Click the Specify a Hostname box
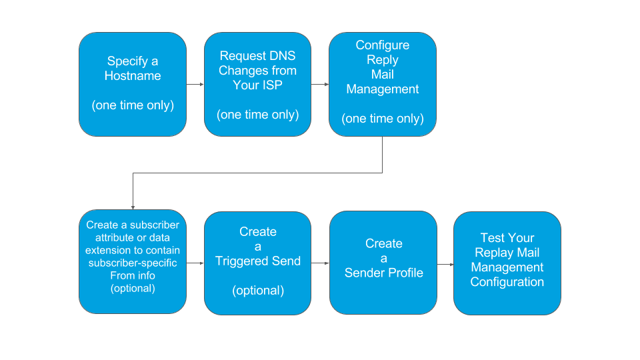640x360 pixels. click(132, 85)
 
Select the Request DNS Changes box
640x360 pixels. click(257, 85)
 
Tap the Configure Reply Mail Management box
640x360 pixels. click(383, 85)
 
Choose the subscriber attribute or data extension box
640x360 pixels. click(132, 263)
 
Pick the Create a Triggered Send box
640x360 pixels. click(257, 263)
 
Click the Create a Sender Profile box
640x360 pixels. click(383, 263)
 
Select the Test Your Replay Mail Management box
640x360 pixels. click(507, 263)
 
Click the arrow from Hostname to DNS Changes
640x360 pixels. click(195, 85)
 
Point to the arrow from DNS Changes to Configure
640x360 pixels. click(320, 85)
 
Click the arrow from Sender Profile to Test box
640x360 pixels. click(445, 264)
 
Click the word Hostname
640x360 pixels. click(133, 76)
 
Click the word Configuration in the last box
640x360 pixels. click(507, 282)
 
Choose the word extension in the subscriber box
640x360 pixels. click(108, 250)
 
